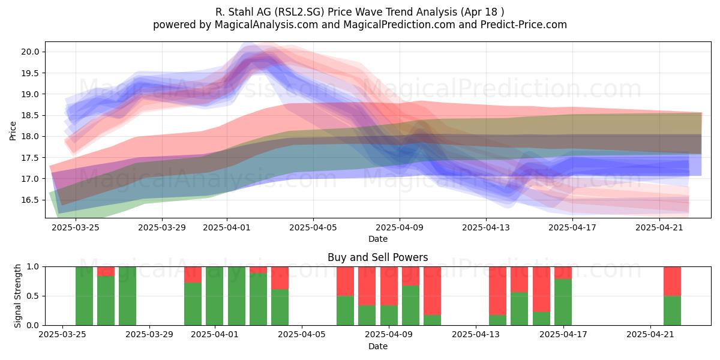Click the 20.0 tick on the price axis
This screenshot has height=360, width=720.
tap(30, 52)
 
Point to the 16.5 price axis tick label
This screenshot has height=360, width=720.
tap(30, 200)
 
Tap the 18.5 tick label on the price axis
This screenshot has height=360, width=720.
tap(30, 115)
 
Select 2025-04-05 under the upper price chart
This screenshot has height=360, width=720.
tap(313, 227)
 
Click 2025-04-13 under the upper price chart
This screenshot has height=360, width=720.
tap(486, 227)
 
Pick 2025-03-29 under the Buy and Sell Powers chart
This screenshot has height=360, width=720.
tap(149, 334)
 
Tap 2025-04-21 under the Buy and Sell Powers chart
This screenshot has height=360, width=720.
tap(650, 334)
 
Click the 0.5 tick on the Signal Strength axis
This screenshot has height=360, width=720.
tap(33, 296)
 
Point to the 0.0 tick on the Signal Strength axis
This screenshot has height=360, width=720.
tap(33, 325)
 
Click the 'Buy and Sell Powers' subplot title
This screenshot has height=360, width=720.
tap(377, 257)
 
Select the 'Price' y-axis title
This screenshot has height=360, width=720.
tap(13, 131)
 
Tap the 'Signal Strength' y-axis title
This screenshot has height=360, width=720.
tap(17, 296)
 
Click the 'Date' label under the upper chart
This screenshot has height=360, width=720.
tap(377, 239)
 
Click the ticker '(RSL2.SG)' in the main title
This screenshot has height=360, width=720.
tap(299, 12)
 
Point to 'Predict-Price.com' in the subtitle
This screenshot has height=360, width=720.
tap(524, 25)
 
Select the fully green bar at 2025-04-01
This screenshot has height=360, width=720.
tap(215, 296)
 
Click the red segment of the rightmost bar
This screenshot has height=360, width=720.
tap(673, 281)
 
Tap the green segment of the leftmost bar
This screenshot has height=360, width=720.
tap(84, 296)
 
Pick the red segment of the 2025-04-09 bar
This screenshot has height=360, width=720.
tap(389, 286)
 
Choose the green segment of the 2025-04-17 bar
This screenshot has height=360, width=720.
tap(563, 302)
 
